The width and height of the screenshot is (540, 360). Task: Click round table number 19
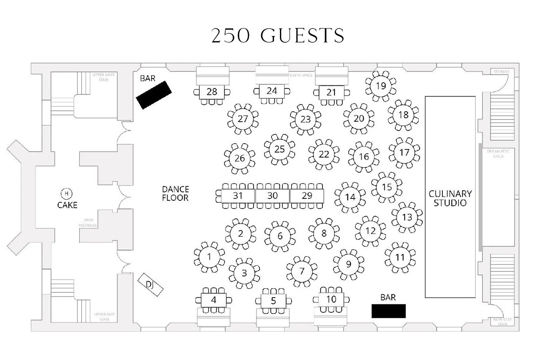[381, 86]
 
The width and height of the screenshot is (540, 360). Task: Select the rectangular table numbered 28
[212, 92]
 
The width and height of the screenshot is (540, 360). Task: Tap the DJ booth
[150, 284]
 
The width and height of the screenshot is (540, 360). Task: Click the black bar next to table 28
[154, 95]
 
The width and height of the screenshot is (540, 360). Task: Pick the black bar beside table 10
[388, 311]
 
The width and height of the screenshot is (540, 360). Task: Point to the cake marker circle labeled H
[66, 194]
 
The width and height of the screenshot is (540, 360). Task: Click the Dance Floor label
[175, 193]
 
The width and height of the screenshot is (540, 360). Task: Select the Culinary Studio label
[450, 198]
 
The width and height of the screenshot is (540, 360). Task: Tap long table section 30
[272, 196]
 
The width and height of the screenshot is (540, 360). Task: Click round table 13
[407, 217]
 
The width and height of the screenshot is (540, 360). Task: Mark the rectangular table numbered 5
[274, 301]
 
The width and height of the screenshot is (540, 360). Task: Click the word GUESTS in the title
[302, 36]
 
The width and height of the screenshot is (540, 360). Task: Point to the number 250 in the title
[231, 36]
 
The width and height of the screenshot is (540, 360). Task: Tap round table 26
[240, 158]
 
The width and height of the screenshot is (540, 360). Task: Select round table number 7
[302, 272]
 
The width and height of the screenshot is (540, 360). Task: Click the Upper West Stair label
[103, 77]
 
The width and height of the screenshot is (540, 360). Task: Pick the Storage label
[501, 72]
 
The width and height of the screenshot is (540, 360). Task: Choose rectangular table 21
[331, 92]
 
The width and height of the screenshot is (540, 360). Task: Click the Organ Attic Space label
[498, 154]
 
